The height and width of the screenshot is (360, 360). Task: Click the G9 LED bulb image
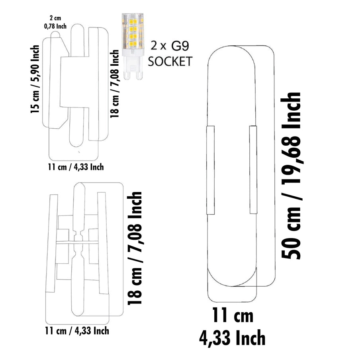click(133, 46)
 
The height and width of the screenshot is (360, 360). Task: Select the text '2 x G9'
click(170, 46)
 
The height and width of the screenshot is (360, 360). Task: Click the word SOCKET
click(170, 61)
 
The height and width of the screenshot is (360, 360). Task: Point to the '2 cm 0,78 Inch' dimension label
click(55, 22)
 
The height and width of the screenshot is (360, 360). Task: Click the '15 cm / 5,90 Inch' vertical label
click(35, 79)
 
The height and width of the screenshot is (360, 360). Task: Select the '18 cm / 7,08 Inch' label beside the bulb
click(115, 84)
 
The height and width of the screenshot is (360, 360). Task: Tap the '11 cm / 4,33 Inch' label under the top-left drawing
click(76, 167)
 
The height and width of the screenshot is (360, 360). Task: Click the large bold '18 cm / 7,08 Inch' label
click(135, 248)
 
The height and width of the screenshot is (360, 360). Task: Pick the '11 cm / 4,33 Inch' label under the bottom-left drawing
click(77, 331)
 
